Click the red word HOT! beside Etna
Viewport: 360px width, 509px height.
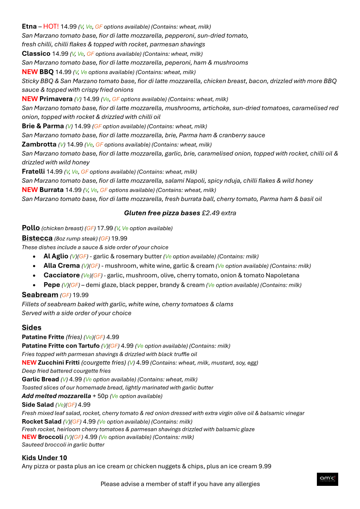click(x=51, y=26)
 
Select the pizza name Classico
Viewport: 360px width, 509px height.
click(x=36, y=54)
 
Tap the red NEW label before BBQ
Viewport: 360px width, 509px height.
click(x=30, y=72)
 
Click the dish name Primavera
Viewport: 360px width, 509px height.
click(x=56, y=99)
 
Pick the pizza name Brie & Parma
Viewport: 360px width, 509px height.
click(x=43, y=126)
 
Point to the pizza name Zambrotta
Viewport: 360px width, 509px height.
click(x=39, y=144)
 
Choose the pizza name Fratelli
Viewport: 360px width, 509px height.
click(x=33, y=171)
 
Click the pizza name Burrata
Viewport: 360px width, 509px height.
click(x=51, y=190)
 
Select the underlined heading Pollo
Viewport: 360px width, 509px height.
click(x=31, y=228)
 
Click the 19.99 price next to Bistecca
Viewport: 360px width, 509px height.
click(x=119, y=238)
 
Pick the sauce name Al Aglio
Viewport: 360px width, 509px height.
click(x=56, y=256)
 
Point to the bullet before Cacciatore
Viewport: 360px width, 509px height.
click(x=35, y=275)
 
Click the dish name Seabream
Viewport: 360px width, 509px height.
click(x=40, y=295)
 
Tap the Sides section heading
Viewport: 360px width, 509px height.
click(x=31, y=328)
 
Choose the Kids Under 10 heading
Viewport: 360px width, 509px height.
click(x=44, y=458)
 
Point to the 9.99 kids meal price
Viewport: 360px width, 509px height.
click(x=265, y=466)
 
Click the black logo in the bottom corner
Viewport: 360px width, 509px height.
click(x=327, y=479)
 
